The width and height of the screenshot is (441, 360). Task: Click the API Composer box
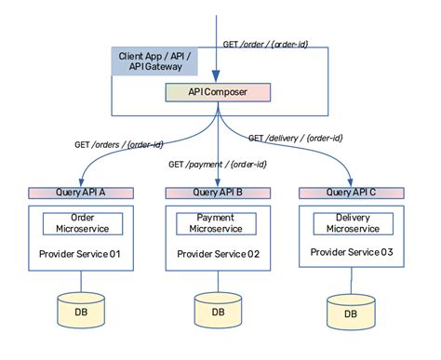pos(219,93)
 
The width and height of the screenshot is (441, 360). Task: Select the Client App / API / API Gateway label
pos(154,62)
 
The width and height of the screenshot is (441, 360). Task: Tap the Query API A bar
pos(81,193)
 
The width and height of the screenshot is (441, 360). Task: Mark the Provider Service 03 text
pos(351,253)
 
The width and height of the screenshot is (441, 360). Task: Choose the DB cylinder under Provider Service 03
pos(351,314)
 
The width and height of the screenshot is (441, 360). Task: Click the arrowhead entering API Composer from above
pos(218,80)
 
